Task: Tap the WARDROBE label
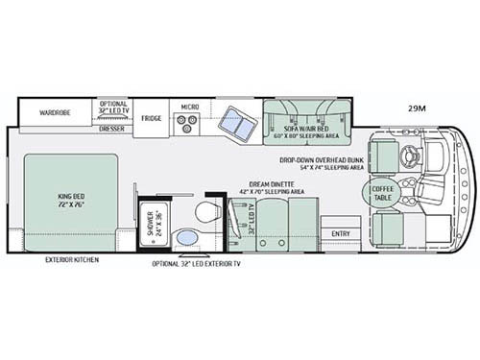(x=56, y=112)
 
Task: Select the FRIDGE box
(x=152, y=119)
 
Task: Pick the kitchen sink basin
(x=232, y=122)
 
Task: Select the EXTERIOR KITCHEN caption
(x=71, y=259)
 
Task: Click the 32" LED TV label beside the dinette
(x=252, y=219)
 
